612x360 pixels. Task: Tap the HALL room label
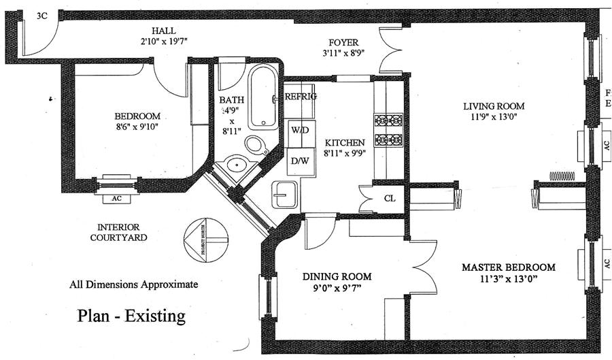163,29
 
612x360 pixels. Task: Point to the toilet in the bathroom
256,145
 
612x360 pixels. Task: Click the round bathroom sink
236,164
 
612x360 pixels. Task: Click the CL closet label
390,199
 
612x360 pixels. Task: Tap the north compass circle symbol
204,238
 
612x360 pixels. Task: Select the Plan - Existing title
131,316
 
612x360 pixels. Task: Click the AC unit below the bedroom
117,199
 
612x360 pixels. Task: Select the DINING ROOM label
337,276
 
